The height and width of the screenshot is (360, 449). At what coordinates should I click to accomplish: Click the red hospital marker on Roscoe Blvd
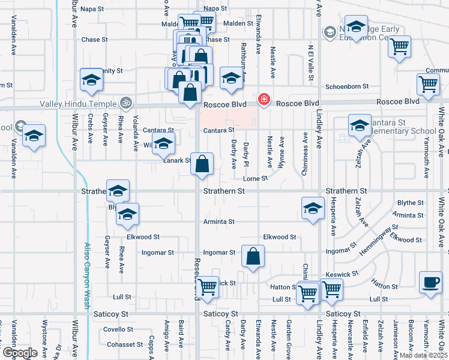coord(264,98)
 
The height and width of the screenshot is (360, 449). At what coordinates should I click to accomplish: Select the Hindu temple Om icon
coord(125,102)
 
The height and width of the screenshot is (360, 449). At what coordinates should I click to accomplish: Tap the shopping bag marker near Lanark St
coord(202,164)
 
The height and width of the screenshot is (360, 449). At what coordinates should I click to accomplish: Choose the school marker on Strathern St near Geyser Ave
coord(118,191)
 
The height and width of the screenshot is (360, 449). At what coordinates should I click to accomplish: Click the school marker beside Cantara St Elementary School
coord(359,126)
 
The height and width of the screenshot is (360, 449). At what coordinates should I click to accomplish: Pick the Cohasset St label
coord(125,344)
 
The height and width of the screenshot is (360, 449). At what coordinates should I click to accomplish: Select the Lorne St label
coord(255,178)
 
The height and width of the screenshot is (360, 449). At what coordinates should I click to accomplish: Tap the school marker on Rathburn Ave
coord(231,79)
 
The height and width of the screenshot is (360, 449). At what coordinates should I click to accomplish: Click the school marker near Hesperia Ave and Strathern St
coord(312,209)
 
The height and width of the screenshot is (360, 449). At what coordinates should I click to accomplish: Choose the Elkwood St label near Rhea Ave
coord(142,237)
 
